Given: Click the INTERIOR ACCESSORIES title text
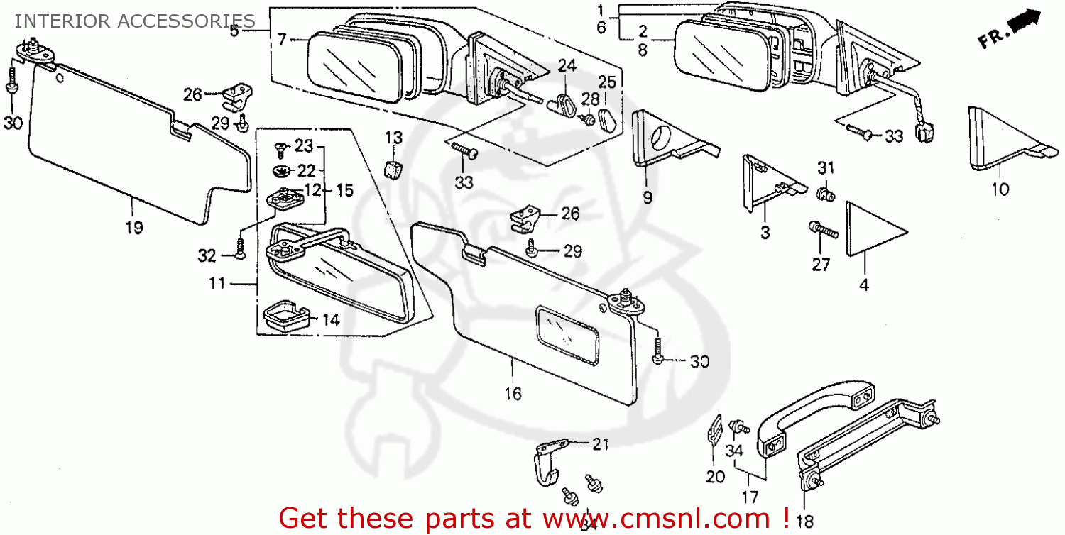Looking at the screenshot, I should pyautogui.click(x=135, y=21).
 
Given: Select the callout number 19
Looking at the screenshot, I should pyautogui.click(x=134, y=228).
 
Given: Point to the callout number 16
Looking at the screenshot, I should pyautogui.click(x=513, y=393).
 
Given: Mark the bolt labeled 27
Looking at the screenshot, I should pyautogui.click(x=822, y=230).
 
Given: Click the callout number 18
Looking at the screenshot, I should pyautogui.click(x=804, y=522).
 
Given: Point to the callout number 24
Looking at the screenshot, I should pyautogui.click(x=566, y=66).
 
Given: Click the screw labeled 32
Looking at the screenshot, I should pyautogui.click(x=241, y=248).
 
